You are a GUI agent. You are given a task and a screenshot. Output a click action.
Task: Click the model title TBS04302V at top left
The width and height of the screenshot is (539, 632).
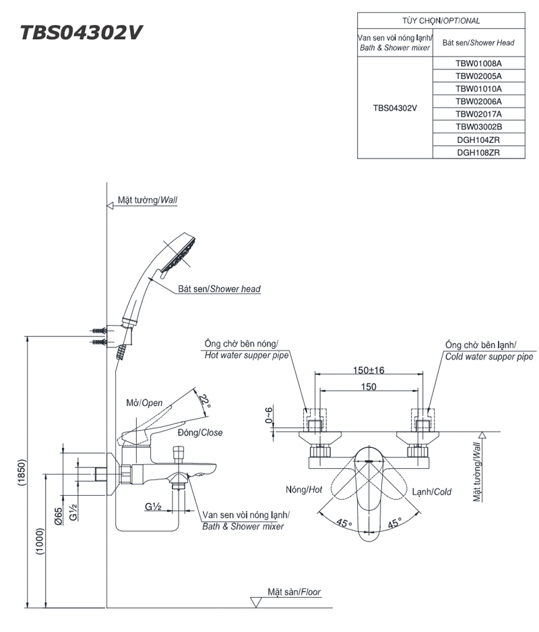(x=82, y=33)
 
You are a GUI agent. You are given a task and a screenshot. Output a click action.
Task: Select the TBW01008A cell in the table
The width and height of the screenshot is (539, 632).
(x=478, y=63)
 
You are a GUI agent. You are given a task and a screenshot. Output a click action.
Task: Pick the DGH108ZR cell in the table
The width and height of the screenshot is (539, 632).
(x=478, y=152)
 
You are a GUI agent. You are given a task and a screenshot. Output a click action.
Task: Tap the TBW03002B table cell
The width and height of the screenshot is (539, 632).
(x=478, y=127)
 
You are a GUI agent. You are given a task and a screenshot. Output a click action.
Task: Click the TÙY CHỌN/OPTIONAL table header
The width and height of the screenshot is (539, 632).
(x=441, y=21)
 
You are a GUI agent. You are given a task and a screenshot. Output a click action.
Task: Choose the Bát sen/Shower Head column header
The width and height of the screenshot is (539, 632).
(x=478, y=42)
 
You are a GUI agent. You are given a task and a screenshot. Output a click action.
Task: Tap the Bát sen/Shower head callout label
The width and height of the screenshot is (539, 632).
(x=219, y=289)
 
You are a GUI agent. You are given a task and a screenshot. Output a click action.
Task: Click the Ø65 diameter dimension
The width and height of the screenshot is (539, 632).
(x=59, y=515)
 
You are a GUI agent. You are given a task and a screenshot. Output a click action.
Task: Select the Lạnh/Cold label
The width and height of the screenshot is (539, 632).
(x=433, y=492)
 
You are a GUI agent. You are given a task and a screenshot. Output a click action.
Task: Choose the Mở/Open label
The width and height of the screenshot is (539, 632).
(x=145, y=403)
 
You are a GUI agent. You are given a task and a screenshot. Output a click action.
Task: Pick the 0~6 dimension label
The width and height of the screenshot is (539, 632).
(x=269, y=415)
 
